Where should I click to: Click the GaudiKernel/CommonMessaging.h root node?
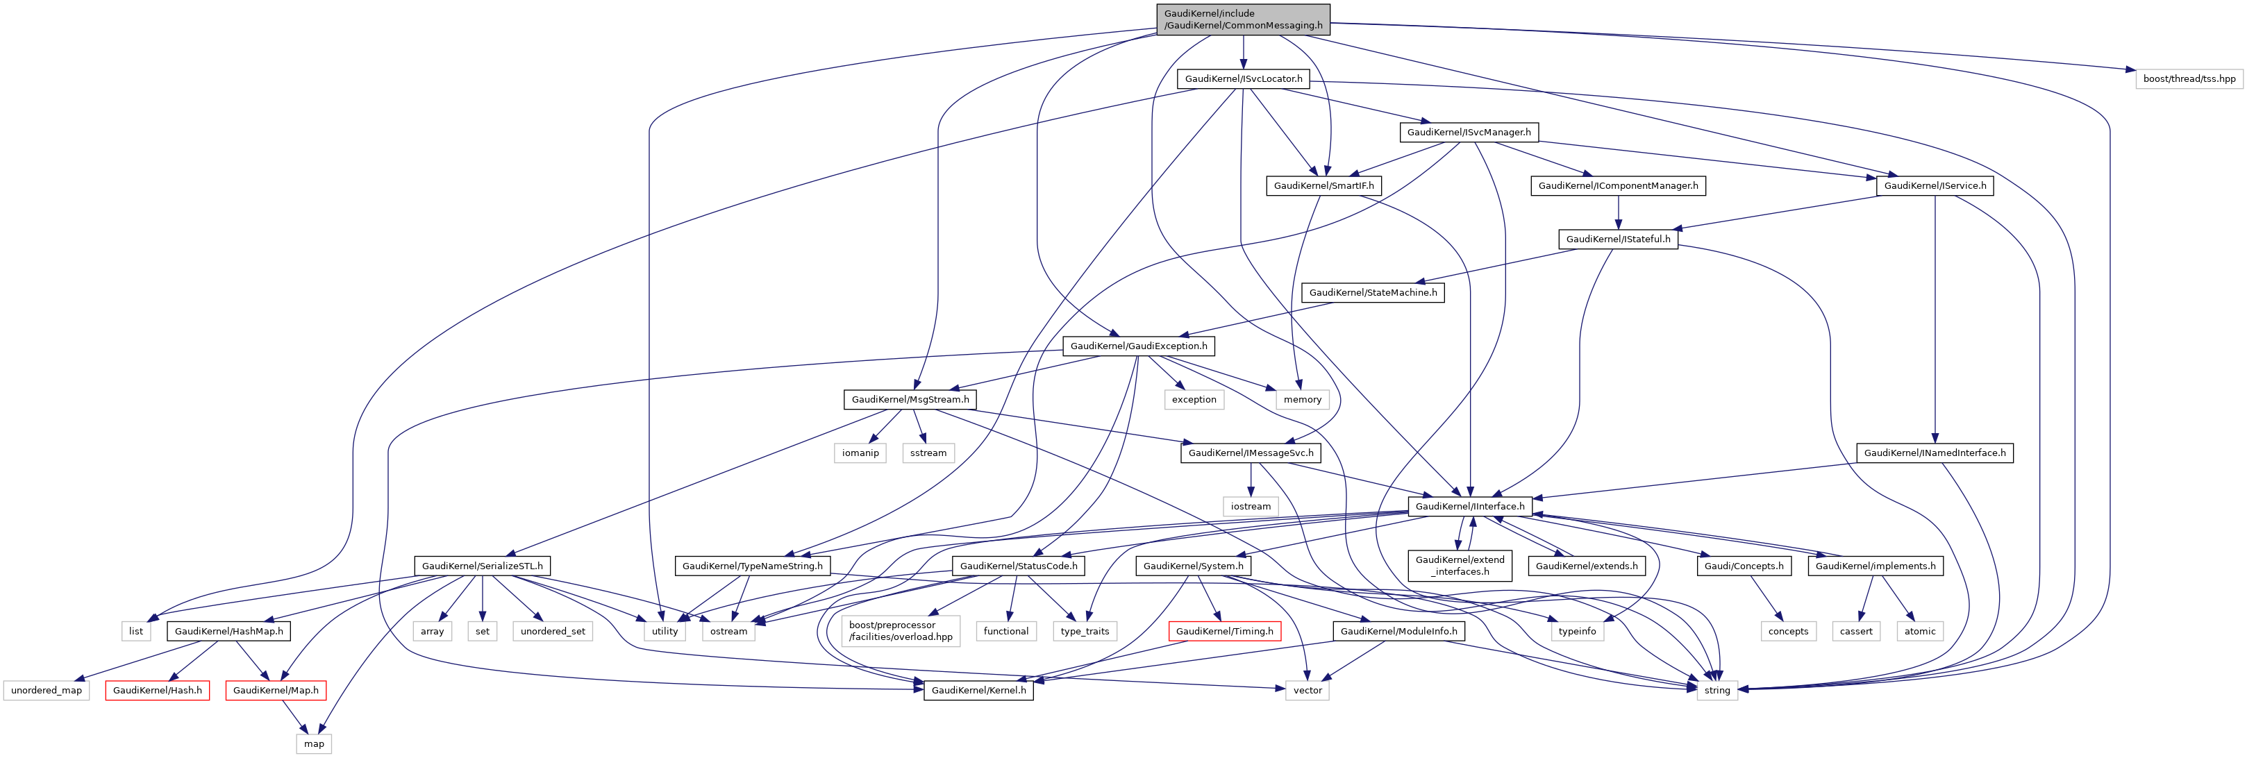point(1242,19)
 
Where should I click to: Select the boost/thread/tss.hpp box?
point(2189,78)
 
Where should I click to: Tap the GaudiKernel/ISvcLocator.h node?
point(1243,78)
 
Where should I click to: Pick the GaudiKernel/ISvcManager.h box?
point(1468,132)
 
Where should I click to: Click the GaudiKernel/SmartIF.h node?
point(1323,186)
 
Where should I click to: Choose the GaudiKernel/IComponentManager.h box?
point(1617,186)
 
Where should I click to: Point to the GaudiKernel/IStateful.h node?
point(1617,239)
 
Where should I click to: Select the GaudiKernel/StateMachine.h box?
point(1372,292)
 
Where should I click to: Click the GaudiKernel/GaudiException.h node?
point(1138,346)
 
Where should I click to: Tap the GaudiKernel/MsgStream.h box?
point(910,400)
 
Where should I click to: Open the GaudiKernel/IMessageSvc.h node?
point(1250,453)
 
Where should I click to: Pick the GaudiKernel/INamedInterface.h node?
point(1934,453)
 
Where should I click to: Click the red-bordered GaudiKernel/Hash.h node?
point(157,690)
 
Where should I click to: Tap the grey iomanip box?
point(860,453)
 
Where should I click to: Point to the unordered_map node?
point(47,690)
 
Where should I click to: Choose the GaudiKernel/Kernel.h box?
point(978,690)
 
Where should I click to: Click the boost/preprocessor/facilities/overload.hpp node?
point(900,631)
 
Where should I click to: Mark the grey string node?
point(1716,690)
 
